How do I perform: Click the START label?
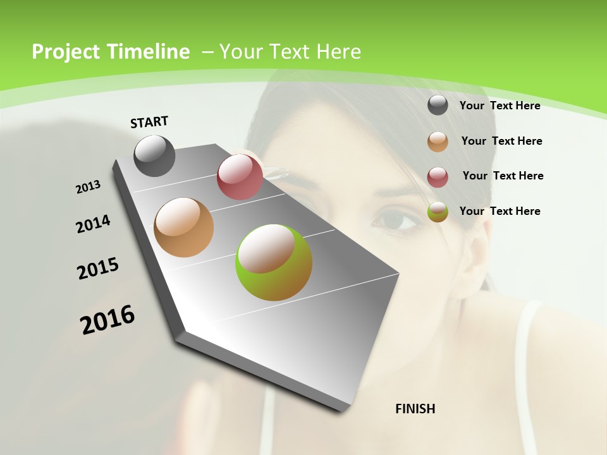coord(149,121)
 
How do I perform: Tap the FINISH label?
coord(415,409)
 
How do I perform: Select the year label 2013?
coord(88,187)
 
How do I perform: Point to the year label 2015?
coord(98,269)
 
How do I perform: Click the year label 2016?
coord(107,320)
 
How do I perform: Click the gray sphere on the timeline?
coord(154,155)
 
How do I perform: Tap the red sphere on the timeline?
coord(240,177)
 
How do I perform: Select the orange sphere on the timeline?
coord(184,227)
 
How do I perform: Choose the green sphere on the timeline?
coord(274,262)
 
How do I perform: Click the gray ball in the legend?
coord(438,106)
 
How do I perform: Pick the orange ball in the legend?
coord(438,142)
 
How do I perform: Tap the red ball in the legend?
coord(438,177)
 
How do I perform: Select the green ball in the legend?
coord(438,212)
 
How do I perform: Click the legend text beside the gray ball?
coord(500,106)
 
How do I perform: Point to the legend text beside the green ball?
coord(500,211)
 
